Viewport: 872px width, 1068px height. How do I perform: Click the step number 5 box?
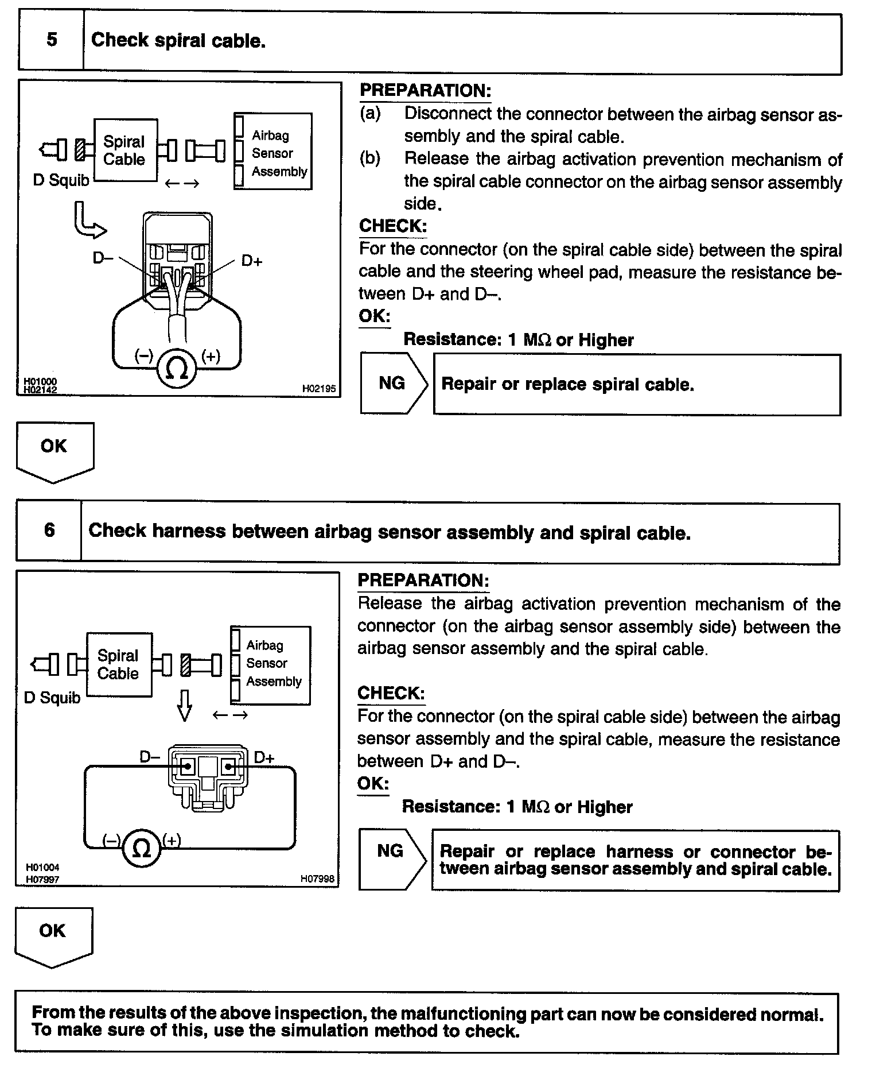(52, 40)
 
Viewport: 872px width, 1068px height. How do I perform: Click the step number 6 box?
(49, 530)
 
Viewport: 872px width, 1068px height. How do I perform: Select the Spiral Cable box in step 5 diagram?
(124, 150)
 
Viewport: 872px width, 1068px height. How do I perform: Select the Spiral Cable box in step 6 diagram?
(119, 665)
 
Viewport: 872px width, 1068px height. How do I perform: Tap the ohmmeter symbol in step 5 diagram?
(176, 369)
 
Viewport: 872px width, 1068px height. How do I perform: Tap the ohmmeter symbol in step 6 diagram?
(141, 848)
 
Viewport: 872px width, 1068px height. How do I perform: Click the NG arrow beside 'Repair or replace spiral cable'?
(394, 384)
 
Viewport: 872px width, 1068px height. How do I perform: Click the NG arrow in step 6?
(392, 859)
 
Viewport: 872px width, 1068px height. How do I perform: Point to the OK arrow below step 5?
(54, 451)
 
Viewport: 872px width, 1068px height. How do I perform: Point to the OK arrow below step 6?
(53, 936)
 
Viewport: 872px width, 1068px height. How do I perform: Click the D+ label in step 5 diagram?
(251, 261)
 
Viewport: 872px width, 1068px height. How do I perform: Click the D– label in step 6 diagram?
(150, 757)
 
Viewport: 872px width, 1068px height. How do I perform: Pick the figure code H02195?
(318, 389)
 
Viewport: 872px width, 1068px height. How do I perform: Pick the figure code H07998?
(317, 878)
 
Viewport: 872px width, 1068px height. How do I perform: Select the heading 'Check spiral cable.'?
(178, 40)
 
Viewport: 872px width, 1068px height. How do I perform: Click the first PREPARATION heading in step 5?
(425, 91)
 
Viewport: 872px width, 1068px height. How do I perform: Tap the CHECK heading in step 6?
(391, 693)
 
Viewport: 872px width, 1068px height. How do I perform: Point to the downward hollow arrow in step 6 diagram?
(184, 705)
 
